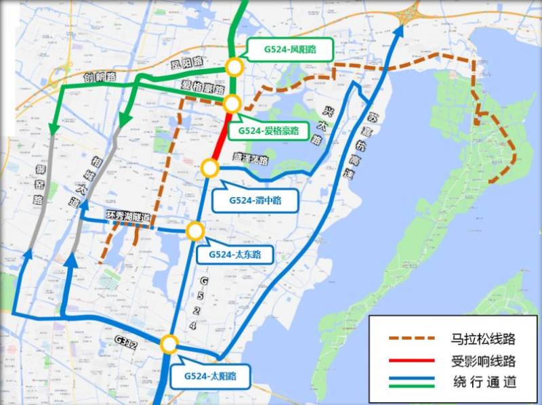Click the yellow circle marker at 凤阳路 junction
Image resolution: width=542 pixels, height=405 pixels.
click(234, 66)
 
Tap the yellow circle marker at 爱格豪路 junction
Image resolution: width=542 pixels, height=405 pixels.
click(232, 104)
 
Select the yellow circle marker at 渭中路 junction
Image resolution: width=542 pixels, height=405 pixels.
click(209, 167)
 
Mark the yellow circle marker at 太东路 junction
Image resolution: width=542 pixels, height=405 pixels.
click(195, 231)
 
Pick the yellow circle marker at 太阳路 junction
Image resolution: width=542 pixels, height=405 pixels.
click(169, 345)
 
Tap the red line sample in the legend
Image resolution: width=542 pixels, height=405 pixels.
click(409, 360)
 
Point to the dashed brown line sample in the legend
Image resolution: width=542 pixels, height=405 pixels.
click(409, 339)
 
